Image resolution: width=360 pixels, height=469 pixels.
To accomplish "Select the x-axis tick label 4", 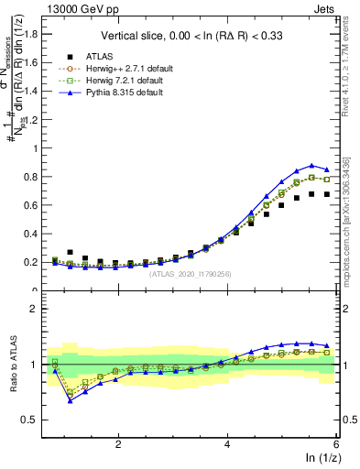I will pyautogui.click(x=228, y=443).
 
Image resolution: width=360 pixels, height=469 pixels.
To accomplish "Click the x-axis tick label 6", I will pyautogui.click(x=336, y=443).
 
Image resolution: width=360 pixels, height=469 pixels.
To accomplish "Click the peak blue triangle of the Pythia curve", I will pyautogui.click(x=311, y=165).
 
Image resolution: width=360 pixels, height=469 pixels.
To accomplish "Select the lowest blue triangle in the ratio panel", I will pyautogui.click(x=71, y=400).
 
